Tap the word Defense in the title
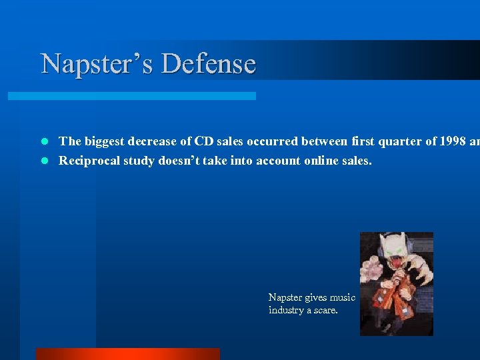tap(209, 64)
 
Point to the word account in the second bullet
tap(273, 161)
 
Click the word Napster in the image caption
tap(285, 297)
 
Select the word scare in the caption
tap(326, 310)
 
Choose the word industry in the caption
tap(285, 310)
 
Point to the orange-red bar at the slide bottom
tap(127, 354)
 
